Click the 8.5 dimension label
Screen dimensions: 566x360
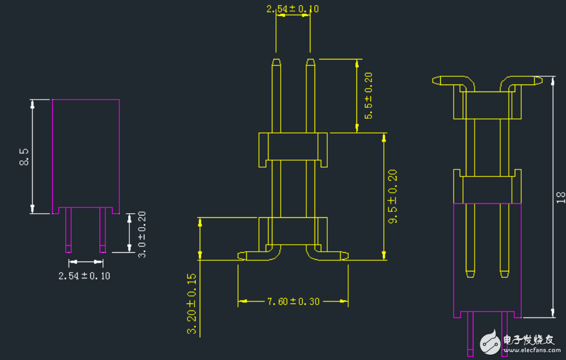click(24, 157)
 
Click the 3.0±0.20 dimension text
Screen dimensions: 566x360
click(142, 234)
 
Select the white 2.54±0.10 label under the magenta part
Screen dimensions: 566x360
click(84, 276)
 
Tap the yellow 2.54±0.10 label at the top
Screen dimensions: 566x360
click(293, 9)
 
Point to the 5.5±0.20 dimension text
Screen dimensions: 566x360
click(369, 96)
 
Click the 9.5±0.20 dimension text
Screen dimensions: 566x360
click(392, 196)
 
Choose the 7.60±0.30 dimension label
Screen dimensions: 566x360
click(293, 301)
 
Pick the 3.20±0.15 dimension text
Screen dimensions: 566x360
click(192, 303)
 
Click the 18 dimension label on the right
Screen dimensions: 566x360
click(561, 197)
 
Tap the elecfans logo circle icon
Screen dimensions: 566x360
click(490, 341)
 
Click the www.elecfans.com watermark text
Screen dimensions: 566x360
click(532, 350)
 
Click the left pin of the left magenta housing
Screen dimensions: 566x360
click(68, 230)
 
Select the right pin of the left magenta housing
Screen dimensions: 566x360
click(102, 230)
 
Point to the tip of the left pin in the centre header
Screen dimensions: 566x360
click(277, 59)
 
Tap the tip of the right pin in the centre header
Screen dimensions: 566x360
click(310, 59)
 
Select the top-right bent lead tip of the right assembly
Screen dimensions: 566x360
click(541, 80)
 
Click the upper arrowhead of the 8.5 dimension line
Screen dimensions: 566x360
click(32, 104)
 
